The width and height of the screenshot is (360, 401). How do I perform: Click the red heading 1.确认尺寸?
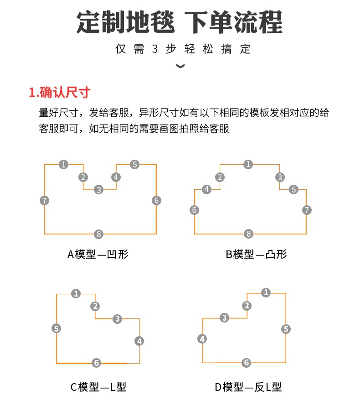tap(60, 92)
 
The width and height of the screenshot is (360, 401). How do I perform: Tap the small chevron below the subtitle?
tap(180, 66)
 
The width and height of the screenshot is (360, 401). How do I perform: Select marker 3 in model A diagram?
tap(98, 190)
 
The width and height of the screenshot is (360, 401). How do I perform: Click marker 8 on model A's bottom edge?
tap(98, 234)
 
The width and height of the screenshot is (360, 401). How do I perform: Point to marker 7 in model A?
tap(45, 201)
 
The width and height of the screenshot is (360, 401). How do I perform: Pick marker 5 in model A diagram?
tap(134, 164)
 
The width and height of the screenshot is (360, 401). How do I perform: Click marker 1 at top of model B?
tap(248, 164)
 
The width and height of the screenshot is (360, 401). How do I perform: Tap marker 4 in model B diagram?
tap(206, 189)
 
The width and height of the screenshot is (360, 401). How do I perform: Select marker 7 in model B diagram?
tap(307, 210)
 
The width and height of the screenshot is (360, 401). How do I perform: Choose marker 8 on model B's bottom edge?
tap(248, 234)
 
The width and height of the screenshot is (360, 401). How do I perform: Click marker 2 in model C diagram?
tap(95, 306)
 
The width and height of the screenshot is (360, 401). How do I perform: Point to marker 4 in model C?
tap(139, 341)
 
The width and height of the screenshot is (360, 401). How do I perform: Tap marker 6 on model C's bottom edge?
tap(96, 363)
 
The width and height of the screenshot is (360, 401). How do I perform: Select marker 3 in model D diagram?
tap(224, 318)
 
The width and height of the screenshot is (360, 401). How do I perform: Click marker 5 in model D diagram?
tap(286, 329)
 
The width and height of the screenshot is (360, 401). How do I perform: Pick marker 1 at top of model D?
tap(266, 292)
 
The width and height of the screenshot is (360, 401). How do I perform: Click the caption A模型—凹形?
tap(98, 254)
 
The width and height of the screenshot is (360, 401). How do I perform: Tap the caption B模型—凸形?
tap(256, 254)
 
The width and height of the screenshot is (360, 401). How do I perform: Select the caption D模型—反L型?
tap(248, 387)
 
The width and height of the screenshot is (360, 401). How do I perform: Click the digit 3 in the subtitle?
tap(155, 49)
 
